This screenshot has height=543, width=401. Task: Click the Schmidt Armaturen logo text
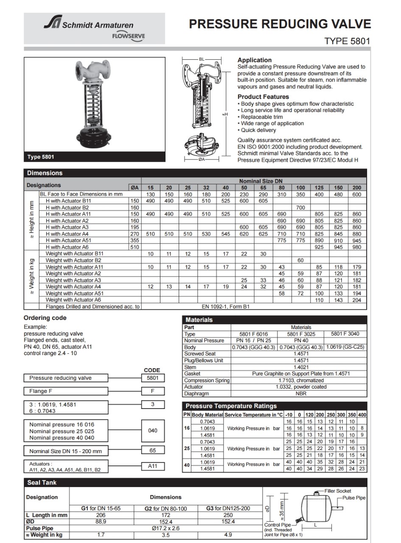pyautogui.click(x=98, y=25)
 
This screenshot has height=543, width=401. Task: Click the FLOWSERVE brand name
pyautogui.click(x=128, y=36)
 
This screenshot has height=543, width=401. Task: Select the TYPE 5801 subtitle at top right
pyautogui.click(x=347, y=41)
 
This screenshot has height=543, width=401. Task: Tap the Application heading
pyautogui.click(x=254, y=60)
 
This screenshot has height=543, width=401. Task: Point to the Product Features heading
pyautogui.click(x=263, y=97)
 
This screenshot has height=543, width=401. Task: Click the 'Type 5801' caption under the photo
pyautogui.click(x=41, y=157)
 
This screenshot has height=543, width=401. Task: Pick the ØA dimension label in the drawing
pyautogui.click(x=202, y=160)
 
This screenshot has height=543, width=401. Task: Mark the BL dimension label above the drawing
pyautogui.click(x=202, y=59)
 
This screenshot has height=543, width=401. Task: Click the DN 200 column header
pyautogui.click(x=356, y=188)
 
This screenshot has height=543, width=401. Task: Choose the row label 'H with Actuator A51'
pyautogui.click(x=68, y=240)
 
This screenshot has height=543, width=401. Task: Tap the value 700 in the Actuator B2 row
pyautogui.click(x=300, y=207)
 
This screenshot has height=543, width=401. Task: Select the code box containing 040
pyautogui.click(x=153, y=431)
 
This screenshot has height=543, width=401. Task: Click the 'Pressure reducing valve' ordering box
pyautogui.click(x=60, y=378)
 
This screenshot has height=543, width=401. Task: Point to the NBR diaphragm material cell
pyautogui.click(x=301, y=393)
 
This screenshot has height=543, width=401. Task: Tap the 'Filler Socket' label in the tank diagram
pyautogui.click(x=338, y=491)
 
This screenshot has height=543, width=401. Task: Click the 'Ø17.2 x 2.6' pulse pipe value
pyautogui.click(x=165, y=528)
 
